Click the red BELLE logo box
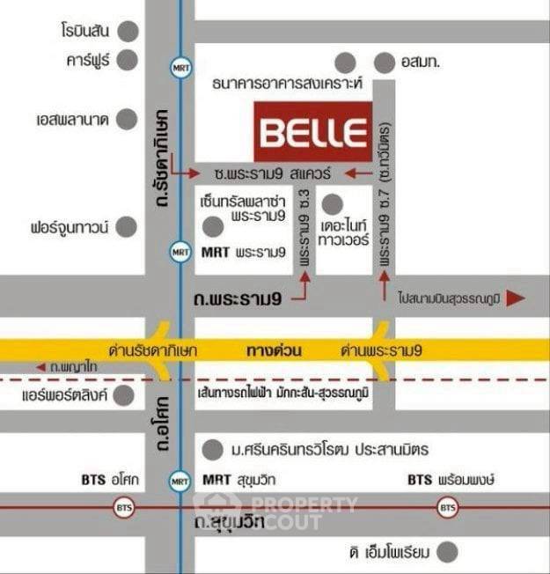[312, 132]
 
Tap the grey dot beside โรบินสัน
[129, 32]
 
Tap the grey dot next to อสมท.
[385, 63]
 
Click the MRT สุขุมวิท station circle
[180, 482]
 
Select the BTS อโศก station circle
[122, 508]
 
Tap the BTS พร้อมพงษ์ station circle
[448, 508]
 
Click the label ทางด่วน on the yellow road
[275, 350]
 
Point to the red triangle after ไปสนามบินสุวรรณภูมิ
[517, 298]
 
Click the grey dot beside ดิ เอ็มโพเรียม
[450, 552]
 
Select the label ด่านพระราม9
[381, 350]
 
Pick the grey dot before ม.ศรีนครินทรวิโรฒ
[211, 450]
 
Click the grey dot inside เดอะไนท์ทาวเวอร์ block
[331, 205]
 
